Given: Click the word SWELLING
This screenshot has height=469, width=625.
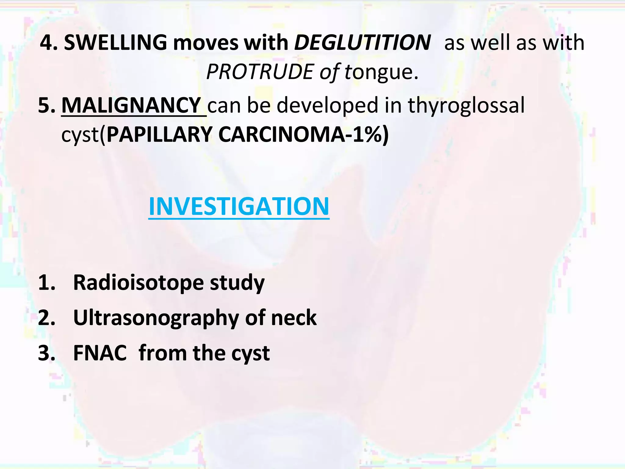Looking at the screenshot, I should coord(115,43).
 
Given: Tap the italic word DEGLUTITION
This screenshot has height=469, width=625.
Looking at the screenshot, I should coord(362,43).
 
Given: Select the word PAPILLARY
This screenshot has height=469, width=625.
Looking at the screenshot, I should coord(159,135).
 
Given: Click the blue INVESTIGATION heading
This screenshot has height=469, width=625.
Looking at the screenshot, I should coord(239,207).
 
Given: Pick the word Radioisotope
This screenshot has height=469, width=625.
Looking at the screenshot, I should coord(138,282).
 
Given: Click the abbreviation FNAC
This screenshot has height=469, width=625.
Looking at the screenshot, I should coord(100,353).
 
